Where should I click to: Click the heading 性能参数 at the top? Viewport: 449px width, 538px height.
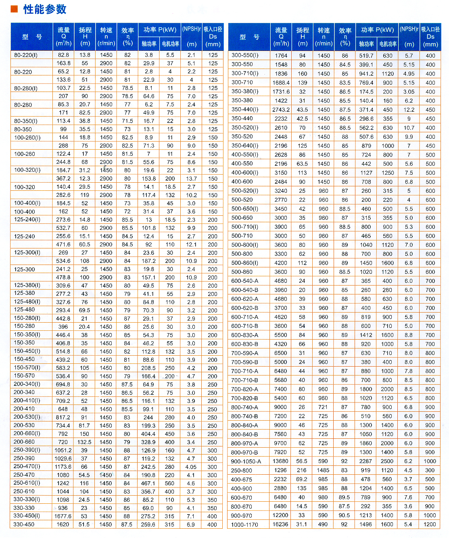[x=44, y=9]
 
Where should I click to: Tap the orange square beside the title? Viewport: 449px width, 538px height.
[x=14, y=9]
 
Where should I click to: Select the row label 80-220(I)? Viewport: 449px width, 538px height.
[x=26, y=55]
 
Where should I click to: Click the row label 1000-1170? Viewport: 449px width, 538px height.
[x=244, y=524]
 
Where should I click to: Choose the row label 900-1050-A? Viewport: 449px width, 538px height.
[x=246, y=461]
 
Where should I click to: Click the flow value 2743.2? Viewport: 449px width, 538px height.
[x=281, y=110]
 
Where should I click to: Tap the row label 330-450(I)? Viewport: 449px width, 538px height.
[x=27, y=516]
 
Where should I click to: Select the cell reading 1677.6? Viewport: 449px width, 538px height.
[x=63, y=516]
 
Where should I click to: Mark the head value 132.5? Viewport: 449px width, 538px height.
[x=84, y=442]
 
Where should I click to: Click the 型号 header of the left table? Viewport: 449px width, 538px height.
[x=31, y=37]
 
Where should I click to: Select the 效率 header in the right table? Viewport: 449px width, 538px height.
[x=345, y=37]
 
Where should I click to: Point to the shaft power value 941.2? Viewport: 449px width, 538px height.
[x=366, y=74]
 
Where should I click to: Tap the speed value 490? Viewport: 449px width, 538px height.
[x=323, y=524]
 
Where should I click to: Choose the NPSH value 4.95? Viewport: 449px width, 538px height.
[x=409, y=74]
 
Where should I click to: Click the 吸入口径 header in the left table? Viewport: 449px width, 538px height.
[x=213, y=37]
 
